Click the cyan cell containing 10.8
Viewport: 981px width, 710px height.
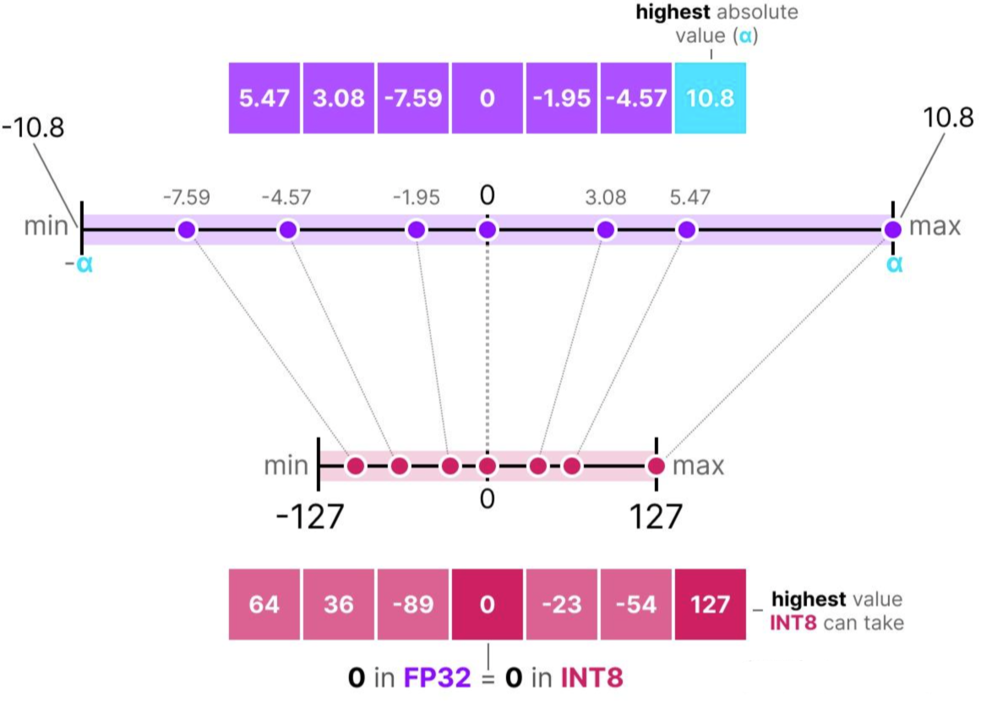pyautogui.click(x=710, y=97)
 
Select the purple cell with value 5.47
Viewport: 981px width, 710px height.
pyautogui.click(x=264, y=97)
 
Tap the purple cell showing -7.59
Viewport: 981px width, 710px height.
pyautogui.click(x=413, y=97)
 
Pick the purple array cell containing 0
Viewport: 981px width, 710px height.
pyautogui.click(x=487, y=97)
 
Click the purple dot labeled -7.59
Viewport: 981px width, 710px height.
pyautogui.click(x=187, y=230)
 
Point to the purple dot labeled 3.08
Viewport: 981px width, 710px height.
pyautogui.click(x=605, y=230)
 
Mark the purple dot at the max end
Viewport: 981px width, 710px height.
pyautogui.click(x=893, y=230)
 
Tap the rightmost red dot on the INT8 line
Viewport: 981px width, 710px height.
pyautogui.click(x=657, y=465)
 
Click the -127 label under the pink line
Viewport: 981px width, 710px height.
pyautogui.click(x=310, y=516)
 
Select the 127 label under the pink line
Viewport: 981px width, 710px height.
pyautogui.click(x=654, y=516)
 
